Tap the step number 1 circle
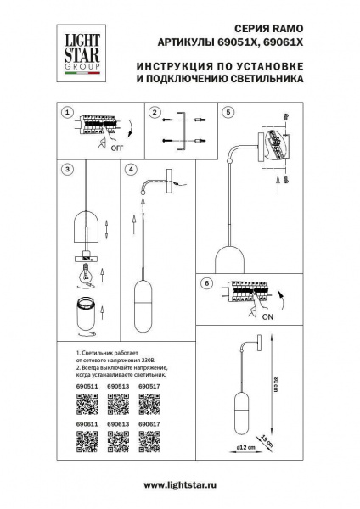(x=67, y=112)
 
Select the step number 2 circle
(x=155, y=112)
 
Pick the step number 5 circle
(x=228, y=112)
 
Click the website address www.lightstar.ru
(x=179, y=484)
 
